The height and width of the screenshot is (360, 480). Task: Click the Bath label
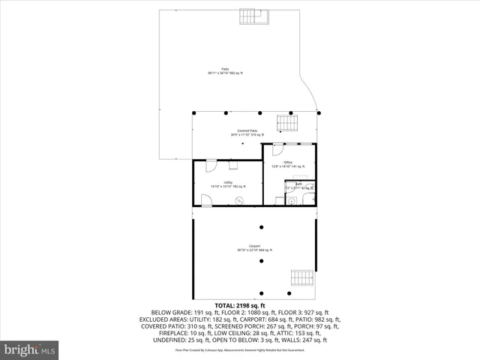pyautogui.click(x=299, y=184)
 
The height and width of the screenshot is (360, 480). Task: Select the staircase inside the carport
pyautogui.click(x=301, y=278)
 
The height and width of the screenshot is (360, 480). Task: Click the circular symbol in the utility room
pyautogui.click(x=240, y=199)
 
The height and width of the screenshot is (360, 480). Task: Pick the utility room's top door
pyautogui.click(x=211, y=166)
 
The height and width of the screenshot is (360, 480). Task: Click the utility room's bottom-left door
pyautogui.click(x=205, y=199)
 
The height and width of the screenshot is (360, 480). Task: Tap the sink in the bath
pyautogui.click(x=294, y=200)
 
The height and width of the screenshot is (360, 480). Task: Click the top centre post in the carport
pyautogui.click(x=261, y=227)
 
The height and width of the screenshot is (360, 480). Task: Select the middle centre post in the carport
pyautogui.click(x=261, y=260)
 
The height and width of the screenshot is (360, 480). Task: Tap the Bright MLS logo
pyautogui.click(x=30, y=349)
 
